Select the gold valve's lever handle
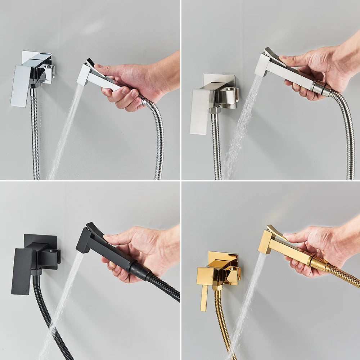tap(204, 297)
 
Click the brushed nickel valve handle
tap(199, 112)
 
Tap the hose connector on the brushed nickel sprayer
tap(320, 88)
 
